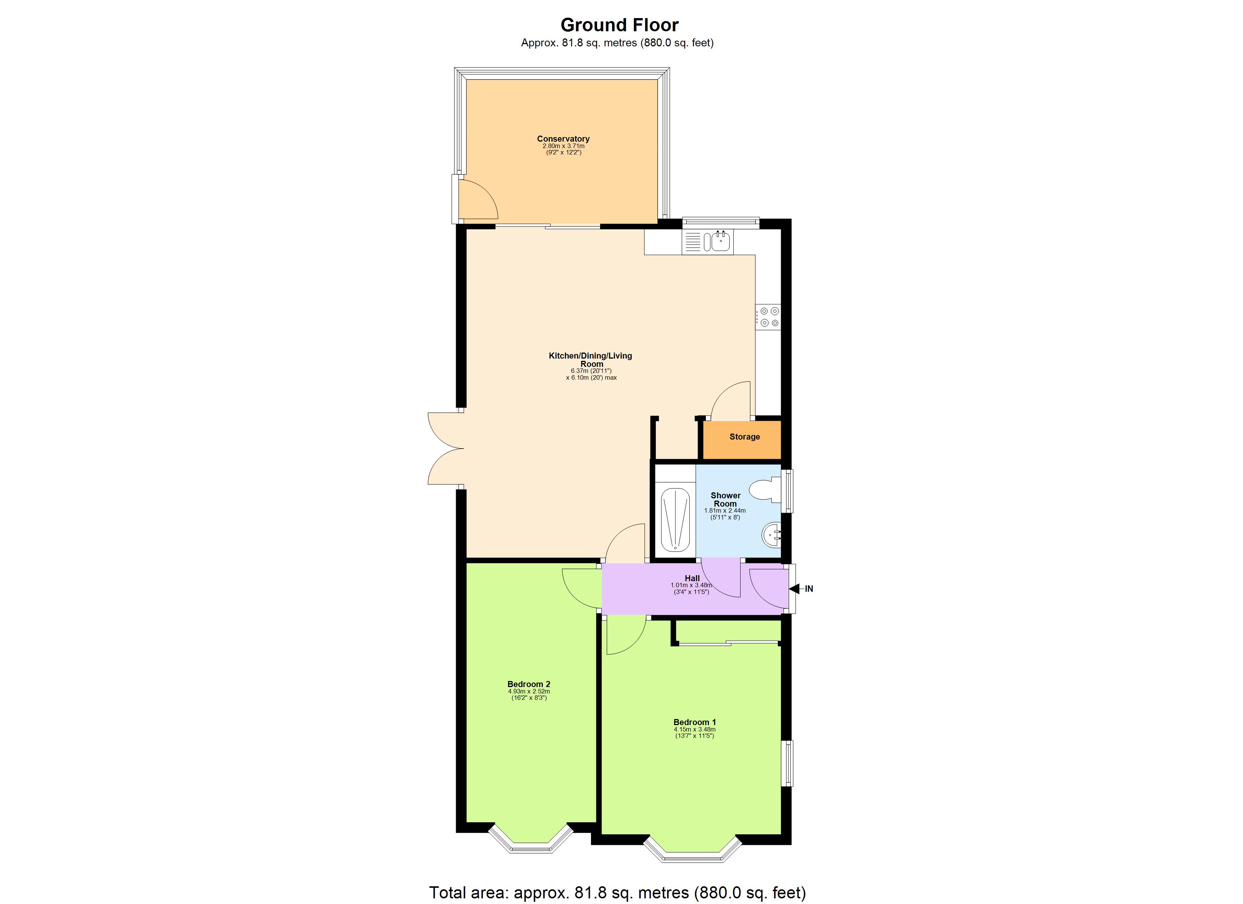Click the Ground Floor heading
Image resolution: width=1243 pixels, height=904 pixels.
pyautogui.click(x=619, y=25)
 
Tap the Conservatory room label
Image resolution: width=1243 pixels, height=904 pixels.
pyautogui.click(x=563, y=139)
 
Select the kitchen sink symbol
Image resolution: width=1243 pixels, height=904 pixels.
pyautogui.click(x=718, y=241)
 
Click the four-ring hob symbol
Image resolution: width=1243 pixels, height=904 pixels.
pyautogui.click(x=768, y=317)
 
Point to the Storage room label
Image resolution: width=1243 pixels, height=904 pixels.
pyautogui.click(x=744, y=437)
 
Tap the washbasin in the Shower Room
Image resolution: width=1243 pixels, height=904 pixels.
pyautogui.click(x=771, y=535)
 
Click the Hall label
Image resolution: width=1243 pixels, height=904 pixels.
pyautogui.click(x=692, y=578)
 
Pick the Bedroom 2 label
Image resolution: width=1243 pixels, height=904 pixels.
pyautogui.click(x=528, y=684)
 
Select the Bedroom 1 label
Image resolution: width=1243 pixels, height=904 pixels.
pyautogui.click(x=695, y=722)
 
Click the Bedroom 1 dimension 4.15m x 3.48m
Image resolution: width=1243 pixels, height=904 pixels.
pyautogui.click(x=695, y=730)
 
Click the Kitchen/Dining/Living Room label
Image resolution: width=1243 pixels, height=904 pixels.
pyautogui.click(x=590, y=360)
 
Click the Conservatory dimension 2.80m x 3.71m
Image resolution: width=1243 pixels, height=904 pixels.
pyautogui.click(x=563, y=147)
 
